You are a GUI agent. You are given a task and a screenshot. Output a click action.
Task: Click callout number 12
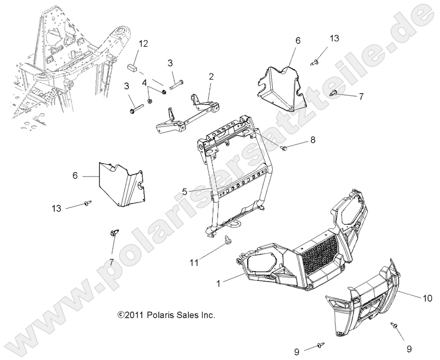(143, 44)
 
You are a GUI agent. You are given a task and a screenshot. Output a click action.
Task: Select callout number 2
(211, 76)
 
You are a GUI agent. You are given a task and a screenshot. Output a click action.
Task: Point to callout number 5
(185, 192)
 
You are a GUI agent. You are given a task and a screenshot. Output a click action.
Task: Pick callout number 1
(218, 283)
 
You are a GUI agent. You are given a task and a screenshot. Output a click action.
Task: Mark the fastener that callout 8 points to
(285, 149)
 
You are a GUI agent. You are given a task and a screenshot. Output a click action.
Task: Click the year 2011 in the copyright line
(134, 315)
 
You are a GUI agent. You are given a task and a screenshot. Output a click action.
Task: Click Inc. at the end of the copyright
(208, 315)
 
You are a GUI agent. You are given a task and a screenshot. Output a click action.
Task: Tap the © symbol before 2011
(120, 315)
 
